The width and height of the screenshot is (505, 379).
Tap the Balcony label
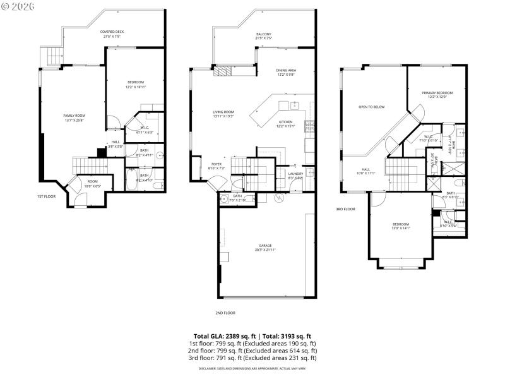(264, 36)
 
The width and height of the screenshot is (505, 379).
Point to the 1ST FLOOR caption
(46, 196)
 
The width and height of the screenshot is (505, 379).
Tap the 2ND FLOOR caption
(225, 312)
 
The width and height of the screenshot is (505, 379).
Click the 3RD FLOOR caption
(345, 208)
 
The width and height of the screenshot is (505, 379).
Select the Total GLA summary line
(252, 336)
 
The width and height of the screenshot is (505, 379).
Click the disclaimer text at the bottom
(252, 368)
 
